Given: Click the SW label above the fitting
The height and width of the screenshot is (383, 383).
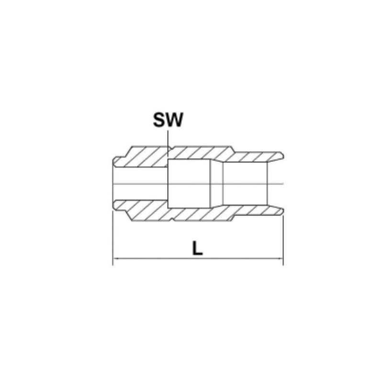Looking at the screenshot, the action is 168,120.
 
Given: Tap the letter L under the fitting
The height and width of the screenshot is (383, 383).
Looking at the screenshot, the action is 197,248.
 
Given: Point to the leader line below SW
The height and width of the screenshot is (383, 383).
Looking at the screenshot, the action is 168,144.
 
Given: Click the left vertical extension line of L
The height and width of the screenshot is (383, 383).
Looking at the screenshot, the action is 113,238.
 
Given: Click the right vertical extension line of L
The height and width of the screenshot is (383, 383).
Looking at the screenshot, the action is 283,240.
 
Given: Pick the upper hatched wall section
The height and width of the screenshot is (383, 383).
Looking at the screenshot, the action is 198,157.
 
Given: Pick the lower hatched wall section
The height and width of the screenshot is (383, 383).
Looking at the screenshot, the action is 198,211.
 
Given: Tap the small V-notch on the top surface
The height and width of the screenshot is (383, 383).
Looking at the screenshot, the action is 172,147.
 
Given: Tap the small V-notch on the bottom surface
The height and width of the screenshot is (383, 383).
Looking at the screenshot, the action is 172,220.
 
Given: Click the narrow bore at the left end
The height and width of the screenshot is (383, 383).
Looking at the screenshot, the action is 141,184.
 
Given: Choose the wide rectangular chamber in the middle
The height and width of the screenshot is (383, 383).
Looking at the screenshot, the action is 189,184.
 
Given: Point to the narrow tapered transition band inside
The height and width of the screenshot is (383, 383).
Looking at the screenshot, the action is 217,184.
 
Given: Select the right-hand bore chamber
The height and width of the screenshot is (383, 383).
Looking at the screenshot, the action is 245,184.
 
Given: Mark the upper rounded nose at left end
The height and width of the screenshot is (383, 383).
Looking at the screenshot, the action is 116,162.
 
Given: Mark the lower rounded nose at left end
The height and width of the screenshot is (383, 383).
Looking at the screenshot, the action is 116,206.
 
